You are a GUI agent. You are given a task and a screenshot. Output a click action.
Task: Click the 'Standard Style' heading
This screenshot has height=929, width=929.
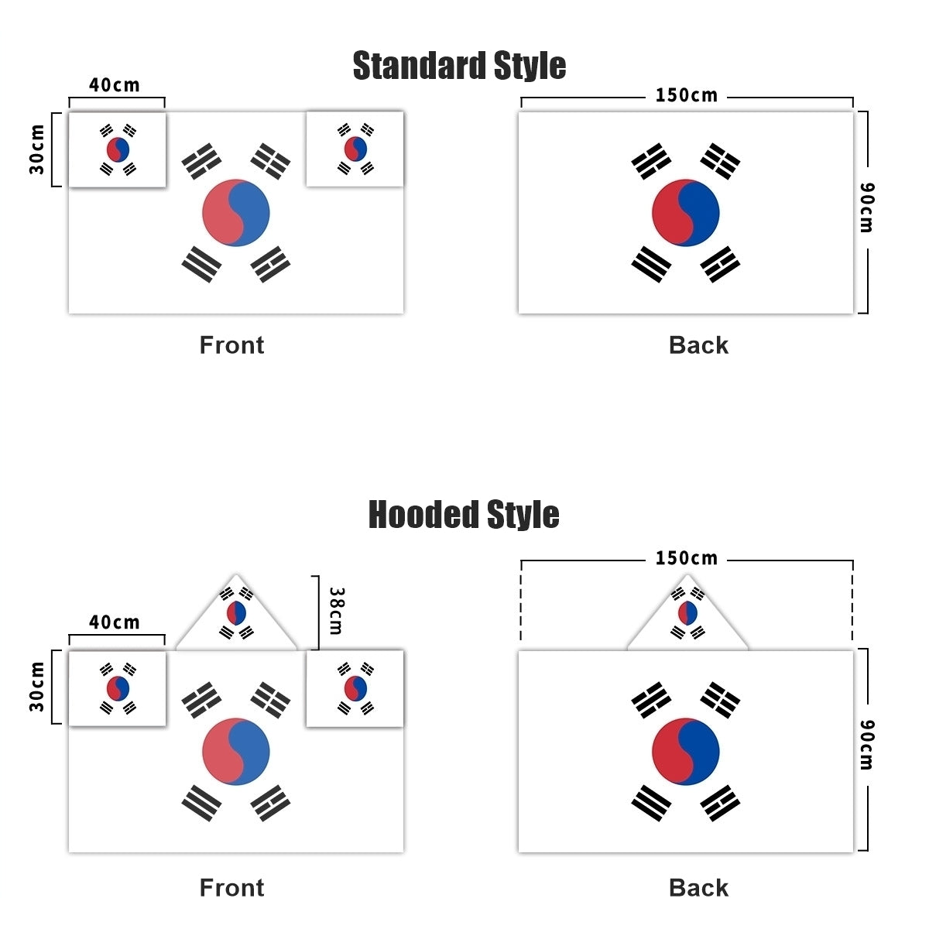click(459, 66)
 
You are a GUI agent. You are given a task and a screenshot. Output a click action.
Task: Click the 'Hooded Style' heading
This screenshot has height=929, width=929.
click(464, 515)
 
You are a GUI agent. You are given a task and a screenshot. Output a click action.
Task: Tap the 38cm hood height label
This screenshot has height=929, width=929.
click(336, 611)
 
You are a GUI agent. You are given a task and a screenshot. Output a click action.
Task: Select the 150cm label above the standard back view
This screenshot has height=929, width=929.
click(687, 95)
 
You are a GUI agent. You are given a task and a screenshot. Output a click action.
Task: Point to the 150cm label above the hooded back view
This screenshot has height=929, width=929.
click(687, 558)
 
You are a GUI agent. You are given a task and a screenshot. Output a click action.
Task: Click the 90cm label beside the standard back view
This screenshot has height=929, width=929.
click(867, 207)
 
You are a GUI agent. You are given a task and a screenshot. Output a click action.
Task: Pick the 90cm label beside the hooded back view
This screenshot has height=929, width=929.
click(867, 745)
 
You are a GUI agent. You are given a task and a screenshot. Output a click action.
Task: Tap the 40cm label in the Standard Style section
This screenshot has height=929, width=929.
click(115, 85)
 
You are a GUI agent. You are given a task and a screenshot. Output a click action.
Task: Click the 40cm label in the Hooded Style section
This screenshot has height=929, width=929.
click(115, 622)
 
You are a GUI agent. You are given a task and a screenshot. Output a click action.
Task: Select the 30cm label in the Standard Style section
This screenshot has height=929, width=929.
click(37, 149)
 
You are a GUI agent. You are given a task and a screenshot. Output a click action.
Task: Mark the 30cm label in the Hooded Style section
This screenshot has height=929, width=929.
click(37, 687)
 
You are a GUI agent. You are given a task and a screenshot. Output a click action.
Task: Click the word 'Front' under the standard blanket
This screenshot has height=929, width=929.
click(232, 345)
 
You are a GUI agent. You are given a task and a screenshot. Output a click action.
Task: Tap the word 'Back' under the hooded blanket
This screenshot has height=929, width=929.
click(698, 888)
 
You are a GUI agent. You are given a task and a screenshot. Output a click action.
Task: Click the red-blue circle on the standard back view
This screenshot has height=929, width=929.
click(686, 213)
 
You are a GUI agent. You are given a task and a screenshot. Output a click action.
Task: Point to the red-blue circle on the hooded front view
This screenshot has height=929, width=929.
click(236, 752)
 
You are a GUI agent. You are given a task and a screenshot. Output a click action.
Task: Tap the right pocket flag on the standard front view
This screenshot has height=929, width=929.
click(355, 149)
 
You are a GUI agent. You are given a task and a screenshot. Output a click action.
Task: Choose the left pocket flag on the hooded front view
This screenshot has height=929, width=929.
click(117, 688)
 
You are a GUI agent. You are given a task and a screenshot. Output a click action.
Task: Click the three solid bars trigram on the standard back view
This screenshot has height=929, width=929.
click(651, 264)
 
